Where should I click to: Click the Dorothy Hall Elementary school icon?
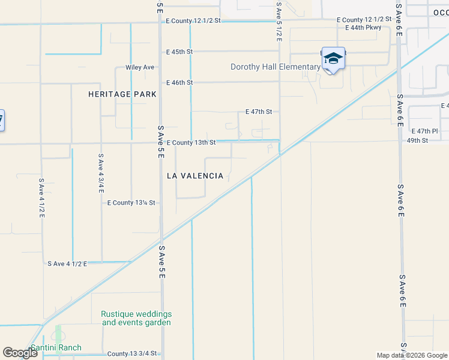[x=333, y=58]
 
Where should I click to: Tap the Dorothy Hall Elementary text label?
[x=275, y=67]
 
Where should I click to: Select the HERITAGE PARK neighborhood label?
[x=122, y=94]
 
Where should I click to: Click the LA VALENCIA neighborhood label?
[x=195, y=176]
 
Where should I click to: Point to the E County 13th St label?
[x=191, y=143]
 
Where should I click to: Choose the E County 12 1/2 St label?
[x=194, y=20]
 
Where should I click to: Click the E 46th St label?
[x=179, y=82]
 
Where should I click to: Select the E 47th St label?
[x=259, y=112]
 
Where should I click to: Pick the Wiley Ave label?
[x=140, y=67]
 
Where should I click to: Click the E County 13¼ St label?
[x=131, y=203]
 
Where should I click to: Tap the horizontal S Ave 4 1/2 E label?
[x=67, y=263]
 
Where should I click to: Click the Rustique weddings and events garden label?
[x=136, y=318]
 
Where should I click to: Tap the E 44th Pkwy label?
[x=364, y=28]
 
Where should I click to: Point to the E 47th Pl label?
[x=425, y=131]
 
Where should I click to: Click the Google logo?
[x=20, y=353]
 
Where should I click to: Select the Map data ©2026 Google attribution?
[x=412, y=355]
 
